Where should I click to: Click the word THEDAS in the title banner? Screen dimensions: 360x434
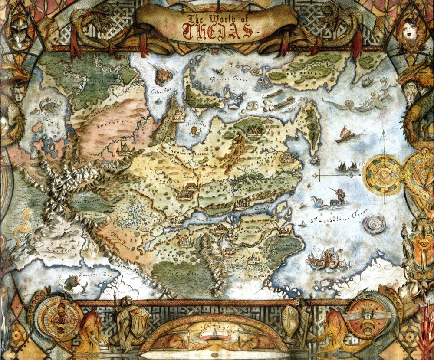coord(217,31)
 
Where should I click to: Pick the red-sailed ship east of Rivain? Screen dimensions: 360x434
coord(345,134)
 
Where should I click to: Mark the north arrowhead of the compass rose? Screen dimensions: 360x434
coord(383,132)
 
